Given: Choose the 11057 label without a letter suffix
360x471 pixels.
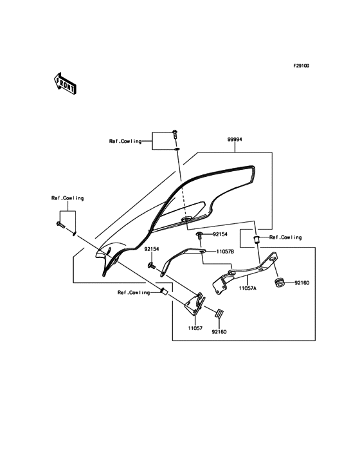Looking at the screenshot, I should [195, 328].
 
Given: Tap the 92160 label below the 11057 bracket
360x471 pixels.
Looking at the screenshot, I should [219, 332].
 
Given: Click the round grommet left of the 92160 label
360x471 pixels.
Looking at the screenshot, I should [280, 282].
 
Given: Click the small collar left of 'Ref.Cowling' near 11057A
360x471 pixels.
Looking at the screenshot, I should [256, 239].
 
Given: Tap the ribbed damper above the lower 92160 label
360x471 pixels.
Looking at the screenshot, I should [217, 314].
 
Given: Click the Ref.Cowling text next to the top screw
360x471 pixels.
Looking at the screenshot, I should [125, 141].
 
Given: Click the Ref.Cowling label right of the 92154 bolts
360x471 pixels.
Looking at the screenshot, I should [285, 237].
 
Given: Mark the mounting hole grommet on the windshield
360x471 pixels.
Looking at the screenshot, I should [185, 221].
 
